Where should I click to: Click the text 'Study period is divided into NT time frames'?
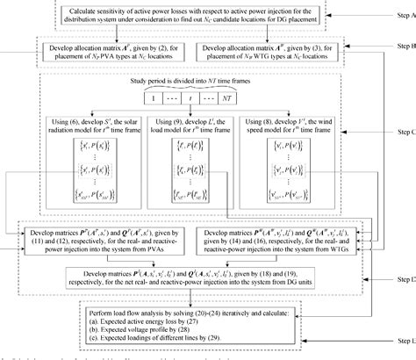199,83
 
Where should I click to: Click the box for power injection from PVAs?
105,237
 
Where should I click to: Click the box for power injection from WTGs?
291,237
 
